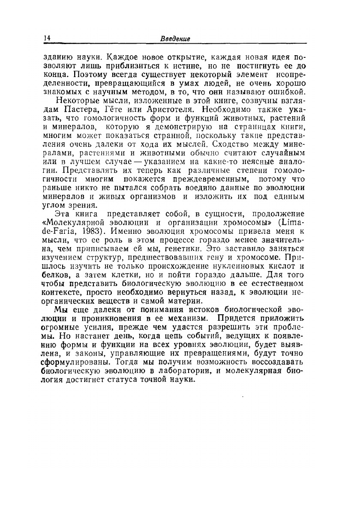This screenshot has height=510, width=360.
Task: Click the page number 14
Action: click(47, 38)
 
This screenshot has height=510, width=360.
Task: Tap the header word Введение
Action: click(175, 39)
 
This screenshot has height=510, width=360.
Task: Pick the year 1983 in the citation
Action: click(90, 230)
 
